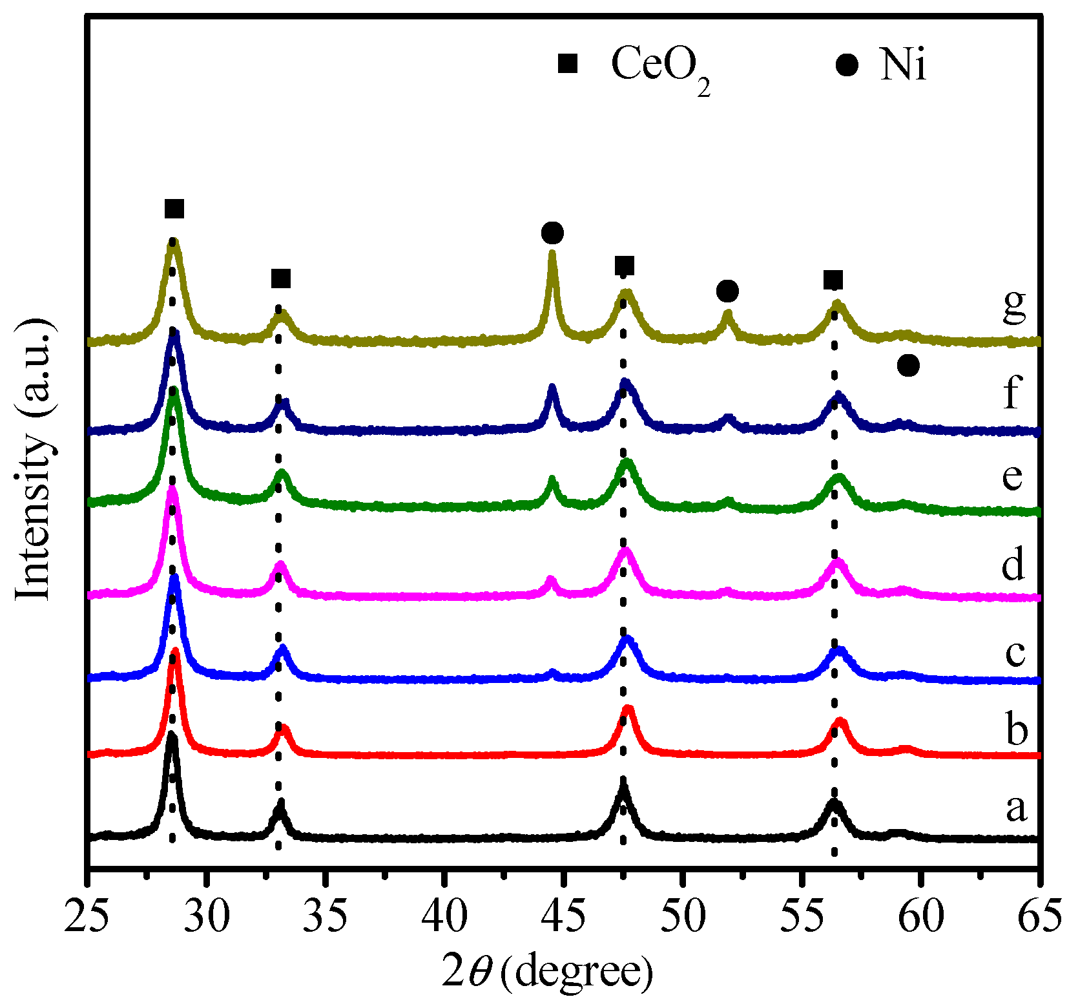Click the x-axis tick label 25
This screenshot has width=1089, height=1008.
[88, 917]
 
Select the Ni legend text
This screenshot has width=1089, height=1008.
[902, 66]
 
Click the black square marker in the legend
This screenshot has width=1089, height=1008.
[568, 64]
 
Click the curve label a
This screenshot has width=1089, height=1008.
[1016, 808]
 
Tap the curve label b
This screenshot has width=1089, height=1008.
[1016, 730]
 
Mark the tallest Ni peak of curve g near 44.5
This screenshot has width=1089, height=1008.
[552, 253]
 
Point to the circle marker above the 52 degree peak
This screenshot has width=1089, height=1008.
[727, 291]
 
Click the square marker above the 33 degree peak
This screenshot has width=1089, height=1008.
[281, 279]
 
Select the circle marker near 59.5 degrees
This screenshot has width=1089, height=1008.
[908, 366]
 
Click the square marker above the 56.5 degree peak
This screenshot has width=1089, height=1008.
[833, 280]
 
